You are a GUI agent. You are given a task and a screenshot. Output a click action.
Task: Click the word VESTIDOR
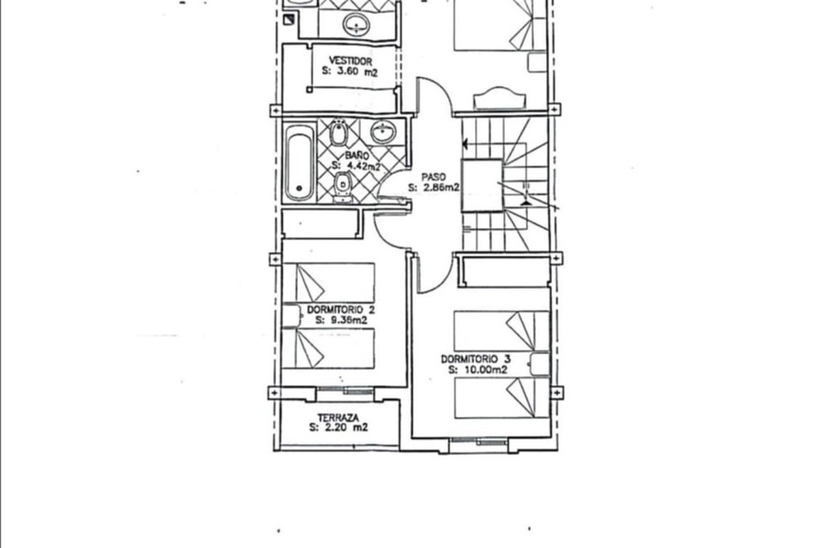[x=350, y=60]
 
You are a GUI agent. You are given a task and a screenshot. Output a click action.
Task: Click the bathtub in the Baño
[x=299, y=163]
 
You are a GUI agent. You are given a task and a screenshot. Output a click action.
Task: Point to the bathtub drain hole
[x=299, y=188]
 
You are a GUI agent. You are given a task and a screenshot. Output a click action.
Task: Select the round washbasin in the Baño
[x=383, y=132]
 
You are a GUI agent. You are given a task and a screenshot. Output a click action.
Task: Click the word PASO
[x=434, y=177]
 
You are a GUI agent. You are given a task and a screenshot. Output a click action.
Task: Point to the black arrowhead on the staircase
[x=465, y=144]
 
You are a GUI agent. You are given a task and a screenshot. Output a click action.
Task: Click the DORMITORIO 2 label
[x=340, y=310]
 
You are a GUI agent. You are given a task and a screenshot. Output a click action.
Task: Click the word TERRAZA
[x=338, y=418]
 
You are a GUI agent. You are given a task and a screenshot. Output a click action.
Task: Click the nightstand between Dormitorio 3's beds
[x=540, y=364]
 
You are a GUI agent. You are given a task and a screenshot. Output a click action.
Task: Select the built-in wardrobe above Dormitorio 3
[x=506, y=272]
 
